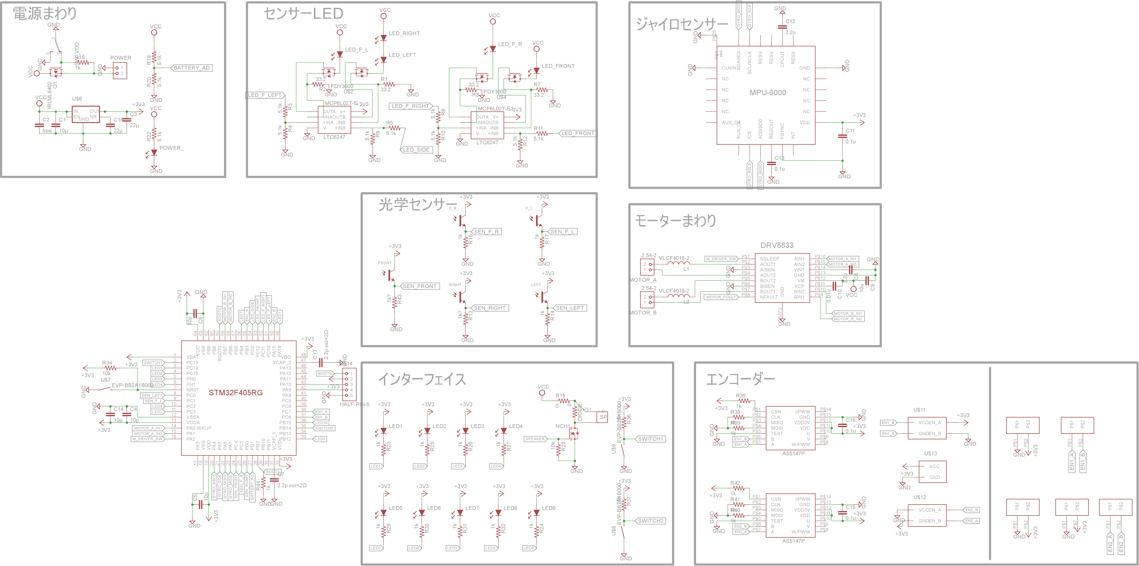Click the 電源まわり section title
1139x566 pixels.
[x=45, y=13]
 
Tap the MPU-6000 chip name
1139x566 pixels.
[x=768, y=92]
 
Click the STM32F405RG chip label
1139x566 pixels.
[x=236, y=392]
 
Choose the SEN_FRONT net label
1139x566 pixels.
[x=420, y=286]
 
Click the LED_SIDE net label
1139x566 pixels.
[x=416, y=150]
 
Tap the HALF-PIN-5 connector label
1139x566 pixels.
[x=354, y=404]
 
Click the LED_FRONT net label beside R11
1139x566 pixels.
[x=578, y=133]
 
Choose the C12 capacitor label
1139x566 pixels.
[x=790, y=21]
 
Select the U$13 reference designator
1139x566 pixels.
[x=930, y=453]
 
